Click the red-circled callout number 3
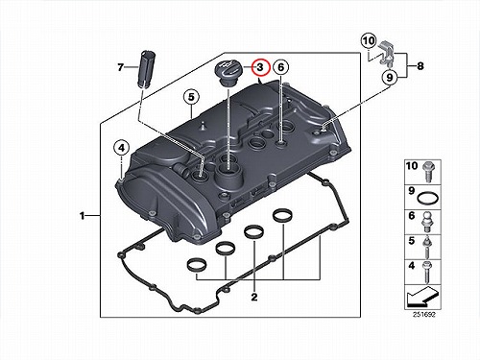tap(260, 67)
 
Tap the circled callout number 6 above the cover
tap(281, 67)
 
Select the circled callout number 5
tap(191, 97)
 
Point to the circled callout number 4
tap(121, 148)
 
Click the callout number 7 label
tap(120, 67)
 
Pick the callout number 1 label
tap(83, 216)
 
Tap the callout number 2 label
tap(254, 297)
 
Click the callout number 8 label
tap(420, 66)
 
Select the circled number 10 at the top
tap(369, 41)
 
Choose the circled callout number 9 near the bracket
tap(390, 77)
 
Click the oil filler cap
tap(228, 73)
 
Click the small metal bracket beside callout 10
tap(388, 54)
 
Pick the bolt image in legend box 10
tap(428, 172)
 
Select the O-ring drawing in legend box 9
tap(428, 198)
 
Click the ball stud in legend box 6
tap(427, 223)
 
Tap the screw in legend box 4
tap(427, 272)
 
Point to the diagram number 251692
tap(424, 315)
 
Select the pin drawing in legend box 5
tap(426, 248)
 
